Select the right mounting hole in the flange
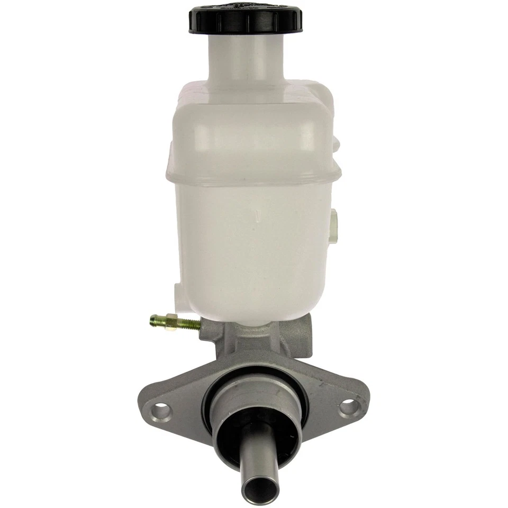348,406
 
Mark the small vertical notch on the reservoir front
255,216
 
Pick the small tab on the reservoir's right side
333,225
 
